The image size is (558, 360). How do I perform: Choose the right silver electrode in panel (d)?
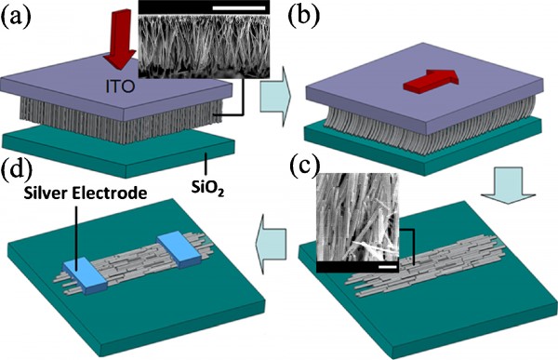coord(179,248)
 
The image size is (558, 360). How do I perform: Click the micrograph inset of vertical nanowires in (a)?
coord(204,60)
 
